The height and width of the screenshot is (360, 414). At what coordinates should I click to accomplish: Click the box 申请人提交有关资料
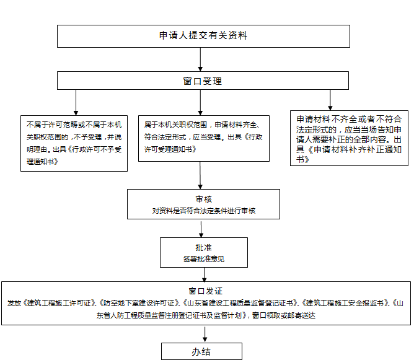click(203, 36)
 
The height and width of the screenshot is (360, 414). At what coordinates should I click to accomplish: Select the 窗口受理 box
click(203, 81)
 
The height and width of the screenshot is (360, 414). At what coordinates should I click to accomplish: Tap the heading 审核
click(203, 200)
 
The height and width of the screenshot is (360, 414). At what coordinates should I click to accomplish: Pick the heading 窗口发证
click(205, 290)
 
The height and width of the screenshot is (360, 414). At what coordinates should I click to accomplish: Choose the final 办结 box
click(201, 351)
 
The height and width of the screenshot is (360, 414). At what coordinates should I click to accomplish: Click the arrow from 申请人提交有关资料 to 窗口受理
click(200, 59)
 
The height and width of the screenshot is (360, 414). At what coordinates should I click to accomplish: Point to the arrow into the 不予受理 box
click(76, 102)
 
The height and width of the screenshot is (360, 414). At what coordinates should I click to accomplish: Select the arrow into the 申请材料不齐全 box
click(330, 100)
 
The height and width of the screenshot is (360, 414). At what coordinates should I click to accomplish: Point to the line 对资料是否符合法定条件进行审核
click(203, 211)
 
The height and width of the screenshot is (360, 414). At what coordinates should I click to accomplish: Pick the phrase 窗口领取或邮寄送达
click(283, 315)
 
